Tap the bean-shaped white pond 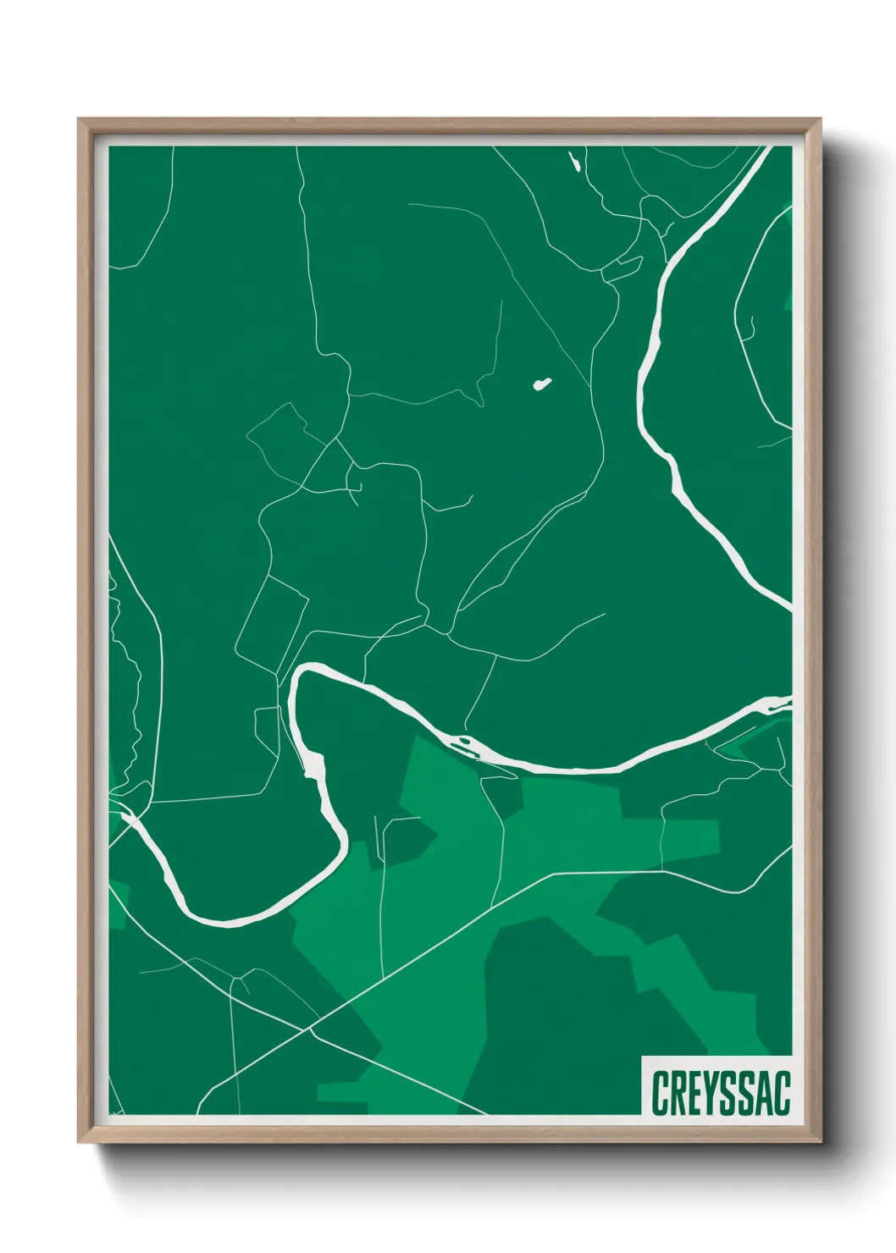tap(541, 384)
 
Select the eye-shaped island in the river tap(465, 744)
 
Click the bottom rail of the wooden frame tap(449, 1134)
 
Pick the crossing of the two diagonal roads tap(310, 1029)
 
